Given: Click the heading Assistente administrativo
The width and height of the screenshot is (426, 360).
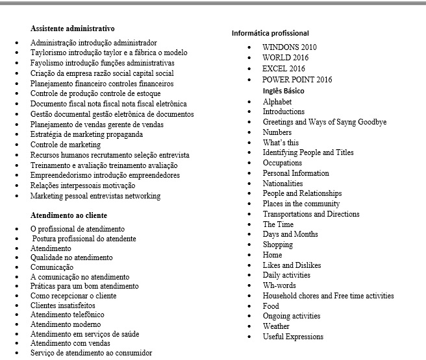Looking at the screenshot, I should tap(72, 29).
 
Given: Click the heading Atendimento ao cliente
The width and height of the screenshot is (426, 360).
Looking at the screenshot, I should tap(69, 215).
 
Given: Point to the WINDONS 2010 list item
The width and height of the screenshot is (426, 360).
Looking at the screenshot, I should tap(290, 47).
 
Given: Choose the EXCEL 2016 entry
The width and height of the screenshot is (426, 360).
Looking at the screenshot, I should tap(284, 68).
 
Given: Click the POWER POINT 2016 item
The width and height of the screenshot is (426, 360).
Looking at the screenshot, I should tap(297, 80).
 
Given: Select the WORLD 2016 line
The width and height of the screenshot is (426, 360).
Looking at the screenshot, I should tap(286, 58).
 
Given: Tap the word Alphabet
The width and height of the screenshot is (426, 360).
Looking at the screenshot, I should tap(277, 102).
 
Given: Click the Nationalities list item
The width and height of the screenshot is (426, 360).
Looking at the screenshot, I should tap(282, 184).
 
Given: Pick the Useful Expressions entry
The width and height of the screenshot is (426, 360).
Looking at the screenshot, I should tap(293, 337).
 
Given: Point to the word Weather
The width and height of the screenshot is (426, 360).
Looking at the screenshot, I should tap(276, 326).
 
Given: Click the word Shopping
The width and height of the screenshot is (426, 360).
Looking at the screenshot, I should tap(278, 245).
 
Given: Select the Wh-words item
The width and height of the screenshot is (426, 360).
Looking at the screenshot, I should tap(279, 285).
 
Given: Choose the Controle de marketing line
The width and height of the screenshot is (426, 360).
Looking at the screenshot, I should tap(66, 145).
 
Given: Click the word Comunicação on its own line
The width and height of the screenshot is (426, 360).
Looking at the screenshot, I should tap(52, 267).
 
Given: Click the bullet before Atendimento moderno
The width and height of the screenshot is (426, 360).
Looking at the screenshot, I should tap(17, 324).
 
